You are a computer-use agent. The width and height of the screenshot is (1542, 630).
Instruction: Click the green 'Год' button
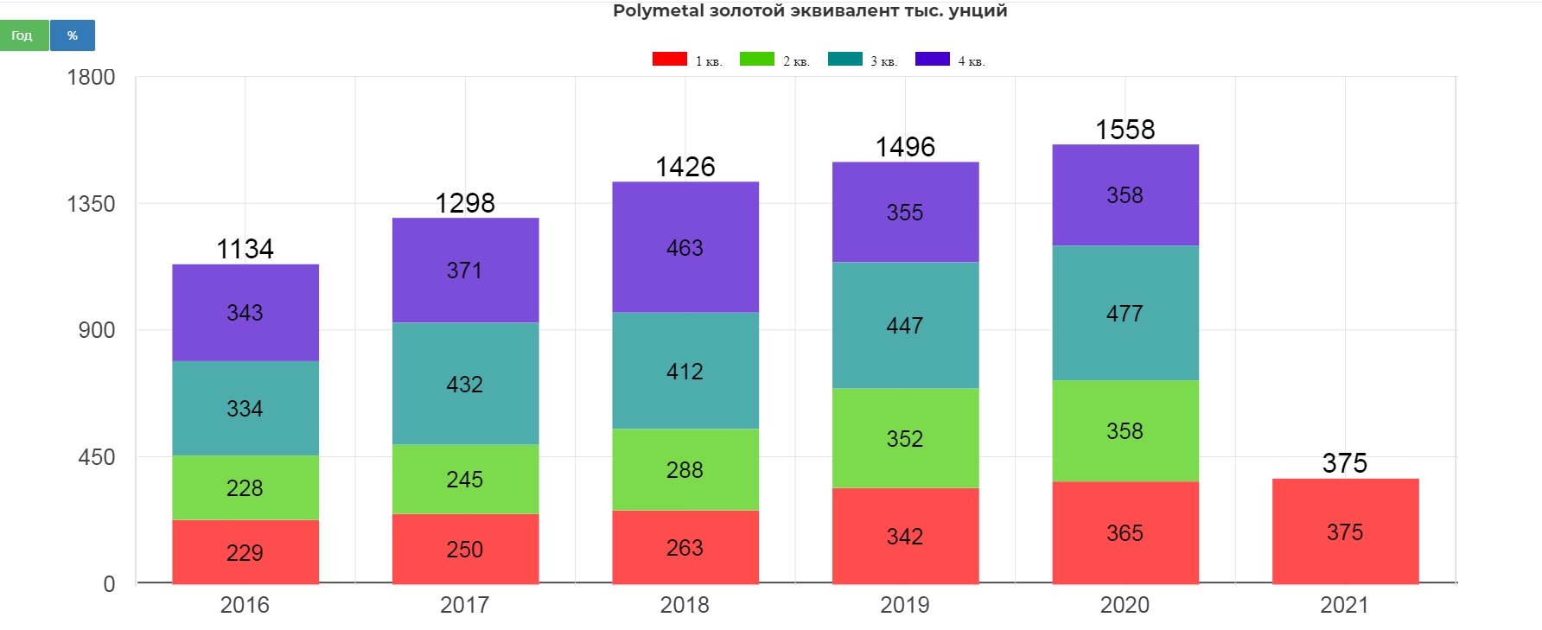23,35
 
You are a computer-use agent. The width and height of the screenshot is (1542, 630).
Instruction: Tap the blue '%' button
73,35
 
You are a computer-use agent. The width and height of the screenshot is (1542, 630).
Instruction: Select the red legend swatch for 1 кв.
670,59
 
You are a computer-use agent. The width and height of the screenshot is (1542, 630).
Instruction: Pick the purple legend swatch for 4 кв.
933,59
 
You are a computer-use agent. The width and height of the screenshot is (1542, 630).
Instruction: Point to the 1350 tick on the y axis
91,204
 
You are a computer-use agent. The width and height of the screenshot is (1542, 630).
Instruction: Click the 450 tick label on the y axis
96,457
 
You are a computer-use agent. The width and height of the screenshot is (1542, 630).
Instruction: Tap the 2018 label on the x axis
685,605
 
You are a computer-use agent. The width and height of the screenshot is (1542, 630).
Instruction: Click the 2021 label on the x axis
1344,605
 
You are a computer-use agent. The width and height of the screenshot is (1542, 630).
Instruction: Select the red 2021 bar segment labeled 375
1345,531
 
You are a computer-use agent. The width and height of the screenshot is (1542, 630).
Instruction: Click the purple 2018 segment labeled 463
685,247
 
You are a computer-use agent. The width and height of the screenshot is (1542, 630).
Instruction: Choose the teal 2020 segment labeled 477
1125,313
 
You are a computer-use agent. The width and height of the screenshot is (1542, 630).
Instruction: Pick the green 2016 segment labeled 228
245,487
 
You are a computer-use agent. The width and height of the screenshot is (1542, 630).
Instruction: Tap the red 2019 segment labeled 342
905,536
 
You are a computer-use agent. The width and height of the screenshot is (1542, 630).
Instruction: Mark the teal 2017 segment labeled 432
465,384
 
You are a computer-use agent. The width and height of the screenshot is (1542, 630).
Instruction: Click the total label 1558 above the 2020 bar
1125,130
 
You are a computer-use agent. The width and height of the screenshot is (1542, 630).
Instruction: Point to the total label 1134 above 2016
245,249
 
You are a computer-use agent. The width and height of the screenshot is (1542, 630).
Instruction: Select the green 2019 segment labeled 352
905,438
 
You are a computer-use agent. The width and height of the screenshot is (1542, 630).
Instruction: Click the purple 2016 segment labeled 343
245,312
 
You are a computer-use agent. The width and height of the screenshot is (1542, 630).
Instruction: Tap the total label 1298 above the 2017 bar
465,203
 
